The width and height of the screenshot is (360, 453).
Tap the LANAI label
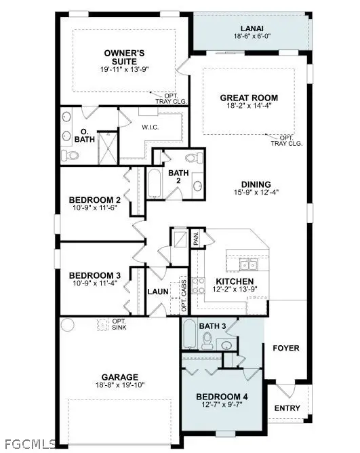point(249,29)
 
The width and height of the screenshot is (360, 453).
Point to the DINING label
point(256,184)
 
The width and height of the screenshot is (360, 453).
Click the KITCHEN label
point(235,281)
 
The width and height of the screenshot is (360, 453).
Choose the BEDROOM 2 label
point(95,199)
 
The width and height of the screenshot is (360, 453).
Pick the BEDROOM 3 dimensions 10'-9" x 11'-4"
point(95,284)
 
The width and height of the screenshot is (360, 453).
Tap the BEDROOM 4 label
point(219,397)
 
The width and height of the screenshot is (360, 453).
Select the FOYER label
point(285,348)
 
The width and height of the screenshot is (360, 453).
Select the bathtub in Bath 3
point(190,334)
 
